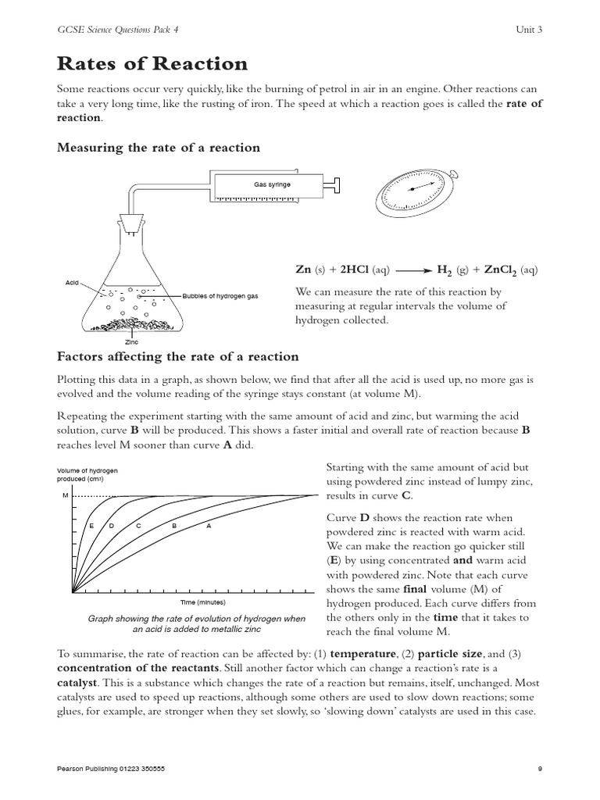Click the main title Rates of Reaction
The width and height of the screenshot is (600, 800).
153,63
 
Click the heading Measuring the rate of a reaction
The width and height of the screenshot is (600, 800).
159,148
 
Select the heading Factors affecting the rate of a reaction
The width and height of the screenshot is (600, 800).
178,356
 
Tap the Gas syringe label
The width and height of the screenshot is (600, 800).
272,185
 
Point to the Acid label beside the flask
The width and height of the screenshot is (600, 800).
73,282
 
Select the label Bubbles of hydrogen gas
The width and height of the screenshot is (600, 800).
220,296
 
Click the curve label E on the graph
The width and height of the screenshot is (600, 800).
91,526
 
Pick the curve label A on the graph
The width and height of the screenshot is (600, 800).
209,526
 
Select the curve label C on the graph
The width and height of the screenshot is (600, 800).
138,526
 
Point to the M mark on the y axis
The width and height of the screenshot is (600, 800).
65,496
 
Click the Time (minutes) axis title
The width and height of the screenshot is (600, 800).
202,603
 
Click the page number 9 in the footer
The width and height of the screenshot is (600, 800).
539,769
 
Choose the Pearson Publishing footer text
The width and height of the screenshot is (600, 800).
111,769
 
